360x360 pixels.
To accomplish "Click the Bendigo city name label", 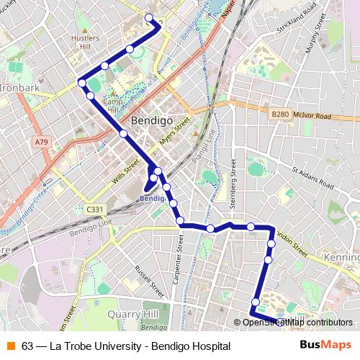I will click(x=151, y=121).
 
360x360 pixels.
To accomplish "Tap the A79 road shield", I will click(x=41, y=143).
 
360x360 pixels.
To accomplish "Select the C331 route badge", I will click(x=94, y=210).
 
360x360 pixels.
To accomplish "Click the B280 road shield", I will click(x=279, y=115).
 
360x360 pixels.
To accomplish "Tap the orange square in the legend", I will click(x=10, y=346).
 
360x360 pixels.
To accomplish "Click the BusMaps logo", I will click(x=325, y=345).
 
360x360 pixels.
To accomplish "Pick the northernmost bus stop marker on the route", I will click(x=149, y=18).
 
